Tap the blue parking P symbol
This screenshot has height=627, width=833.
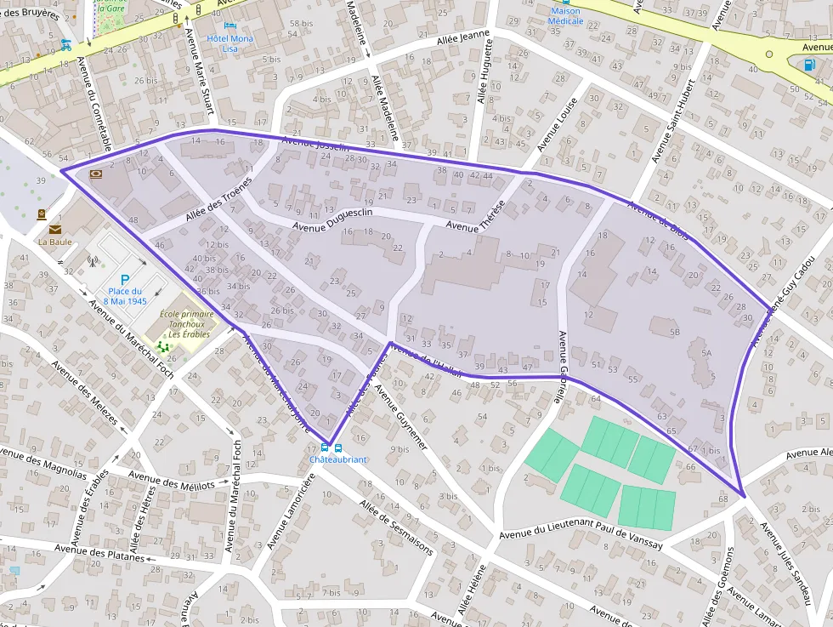pyautogui.click(x=125, y=279)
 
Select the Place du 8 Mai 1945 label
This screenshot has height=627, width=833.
pyautogui.click(x=125, y=296)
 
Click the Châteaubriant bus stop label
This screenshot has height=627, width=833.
pyautogui.click(x=337, y=459)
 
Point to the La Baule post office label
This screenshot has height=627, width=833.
pyautogui.click(x=54, y=242)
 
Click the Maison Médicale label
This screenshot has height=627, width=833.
pyautogui.click(x=566, y=16)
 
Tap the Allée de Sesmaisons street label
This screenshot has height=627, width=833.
pyautogui.click(x=396, y=529)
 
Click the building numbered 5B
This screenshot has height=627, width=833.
pyautogui.click(x=675, y=331)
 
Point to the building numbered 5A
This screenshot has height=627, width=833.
pyautogui.click(x=705, y=351)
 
